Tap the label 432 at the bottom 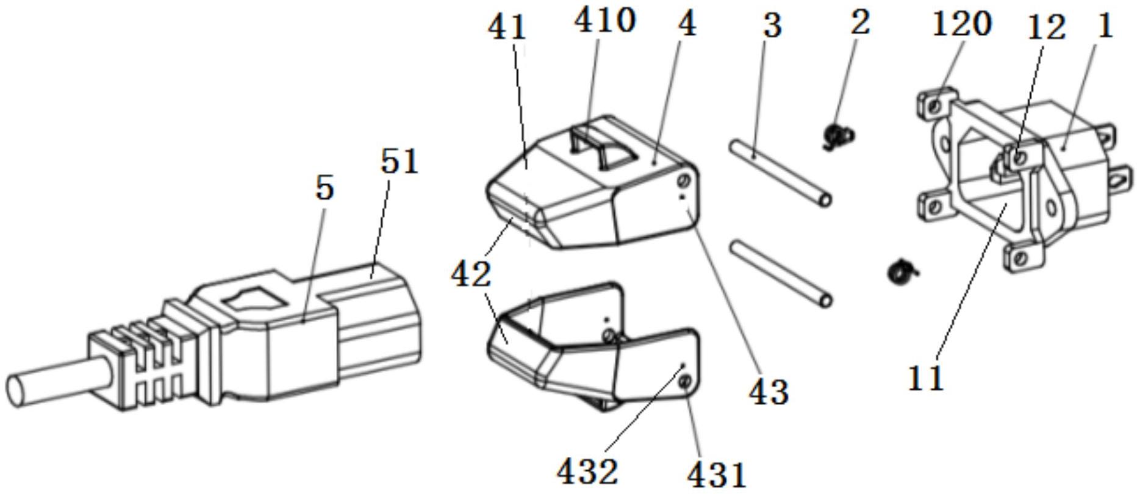tap(587, 471)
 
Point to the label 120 tap(961, 24)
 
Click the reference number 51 tap(400, 162)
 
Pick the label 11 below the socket tap(925, 378)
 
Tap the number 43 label tap(768, 391)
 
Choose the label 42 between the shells tap(471, 274)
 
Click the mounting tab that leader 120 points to tap(934, 104)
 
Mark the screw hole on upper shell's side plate tap(683, 182)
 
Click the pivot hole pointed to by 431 tap(685, 382)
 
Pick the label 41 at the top tap(506, 27)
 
